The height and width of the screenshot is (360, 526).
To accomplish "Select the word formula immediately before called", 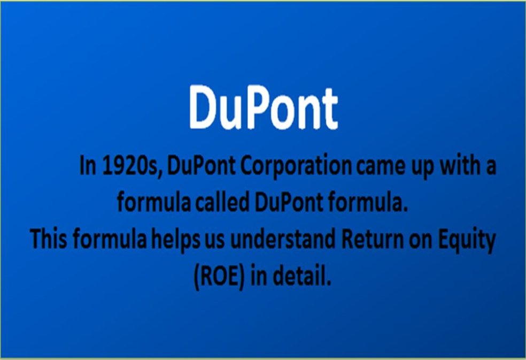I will [148, 203].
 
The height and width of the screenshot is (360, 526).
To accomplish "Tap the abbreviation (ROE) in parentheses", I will [218, 276].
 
